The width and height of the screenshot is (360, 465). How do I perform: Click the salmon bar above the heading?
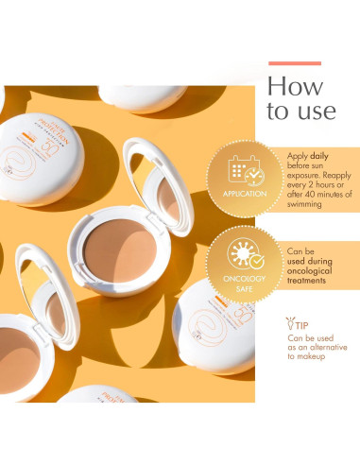294,63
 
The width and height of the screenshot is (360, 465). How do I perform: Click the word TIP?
302,325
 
